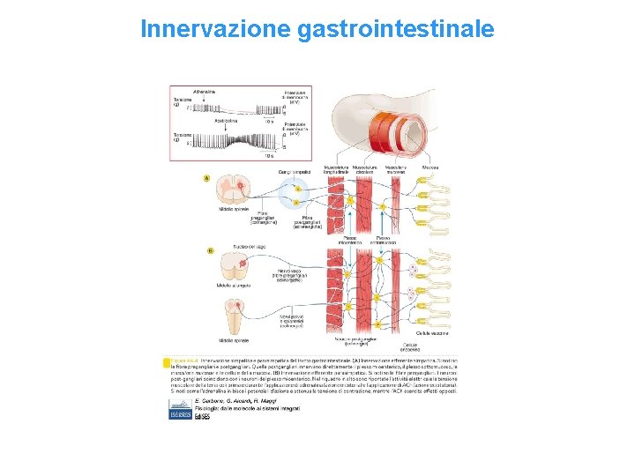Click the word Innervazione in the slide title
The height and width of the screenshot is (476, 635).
(215, 29)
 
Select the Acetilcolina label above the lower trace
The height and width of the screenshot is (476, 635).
(230, 121)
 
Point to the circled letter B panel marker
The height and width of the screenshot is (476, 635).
(209, 250)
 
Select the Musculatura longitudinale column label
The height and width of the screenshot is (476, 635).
(337, 167)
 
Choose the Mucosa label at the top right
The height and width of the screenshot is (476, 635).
(430, 166)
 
